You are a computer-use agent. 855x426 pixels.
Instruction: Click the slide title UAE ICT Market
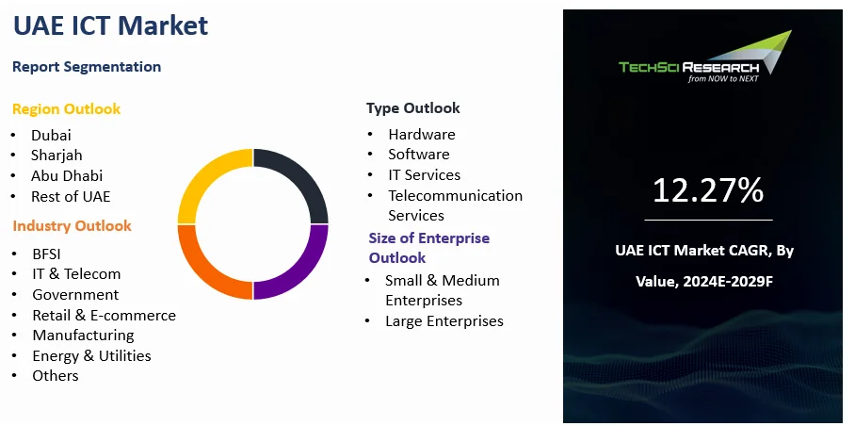tap(110, 25)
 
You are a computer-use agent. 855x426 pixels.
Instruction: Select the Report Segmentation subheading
tap(87, 67)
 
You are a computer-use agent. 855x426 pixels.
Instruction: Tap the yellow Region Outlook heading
tap(67, 109)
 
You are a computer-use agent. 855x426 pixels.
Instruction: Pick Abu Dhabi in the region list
tap(67, 175)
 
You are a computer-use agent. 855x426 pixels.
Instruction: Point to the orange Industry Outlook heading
tap(72, 226)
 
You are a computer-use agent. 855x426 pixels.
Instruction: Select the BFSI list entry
tap(46, 254)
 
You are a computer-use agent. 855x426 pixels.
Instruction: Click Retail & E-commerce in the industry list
tap(105, 316)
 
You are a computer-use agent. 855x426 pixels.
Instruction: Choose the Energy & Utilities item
tap(91, 355)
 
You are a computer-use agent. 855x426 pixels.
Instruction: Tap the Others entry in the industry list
tap(56, 376)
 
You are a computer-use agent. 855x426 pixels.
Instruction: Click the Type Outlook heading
tap(413, 108)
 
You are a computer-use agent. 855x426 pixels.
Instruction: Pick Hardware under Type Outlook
tap(422, 134)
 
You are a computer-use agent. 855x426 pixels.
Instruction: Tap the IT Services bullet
tap(425, 175)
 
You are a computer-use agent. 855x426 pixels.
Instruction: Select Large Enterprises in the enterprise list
tap(444, 321)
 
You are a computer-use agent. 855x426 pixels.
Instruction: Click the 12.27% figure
tap(708, 191)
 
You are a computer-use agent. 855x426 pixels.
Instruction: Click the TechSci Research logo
tap(705, 57)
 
